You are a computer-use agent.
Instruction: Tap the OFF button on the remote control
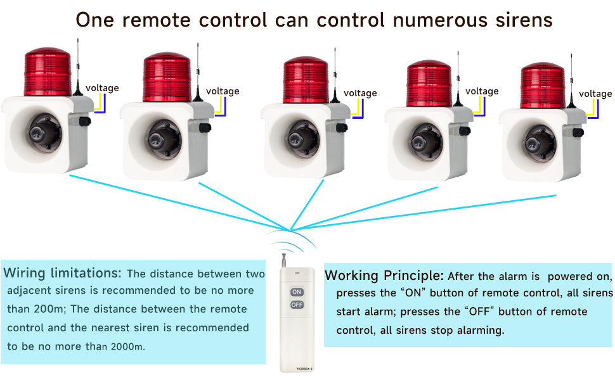(297, 305)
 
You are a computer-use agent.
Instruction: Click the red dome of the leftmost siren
(48, 72)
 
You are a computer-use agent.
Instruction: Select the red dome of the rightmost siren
(543, 85)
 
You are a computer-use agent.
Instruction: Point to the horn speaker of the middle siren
(303, 138)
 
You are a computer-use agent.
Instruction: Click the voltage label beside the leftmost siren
(102, 88)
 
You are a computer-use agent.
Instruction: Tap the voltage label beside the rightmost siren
(595, 94)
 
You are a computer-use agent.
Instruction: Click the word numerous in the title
(439, 20)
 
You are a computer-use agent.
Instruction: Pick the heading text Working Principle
(384, 275)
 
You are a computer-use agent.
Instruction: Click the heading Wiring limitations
(62, 273)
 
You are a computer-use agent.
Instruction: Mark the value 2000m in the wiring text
(128, 346)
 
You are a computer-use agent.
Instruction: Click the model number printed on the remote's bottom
(304, 369)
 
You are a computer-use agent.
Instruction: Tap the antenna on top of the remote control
(283, 260)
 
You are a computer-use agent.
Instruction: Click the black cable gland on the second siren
(205, 128)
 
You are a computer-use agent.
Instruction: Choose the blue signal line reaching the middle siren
(307, 205)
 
